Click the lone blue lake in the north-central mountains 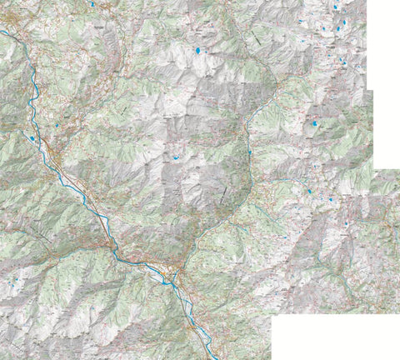click(x=198, y=51)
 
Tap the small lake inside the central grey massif click(x=177, y=156)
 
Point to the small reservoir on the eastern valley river click(x=249, y=152)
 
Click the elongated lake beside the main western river click(x=32, y=139)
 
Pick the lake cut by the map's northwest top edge click(x=92, y=3)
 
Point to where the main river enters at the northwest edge click(x=2, y=32)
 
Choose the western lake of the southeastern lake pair click(x=309, y=192)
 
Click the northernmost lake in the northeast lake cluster click(x=335, y=7)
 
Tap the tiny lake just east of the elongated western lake click(x=57, y=126)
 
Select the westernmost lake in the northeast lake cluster click(x=300, y=21)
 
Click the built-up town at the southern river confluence click(x=175, y=271)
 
